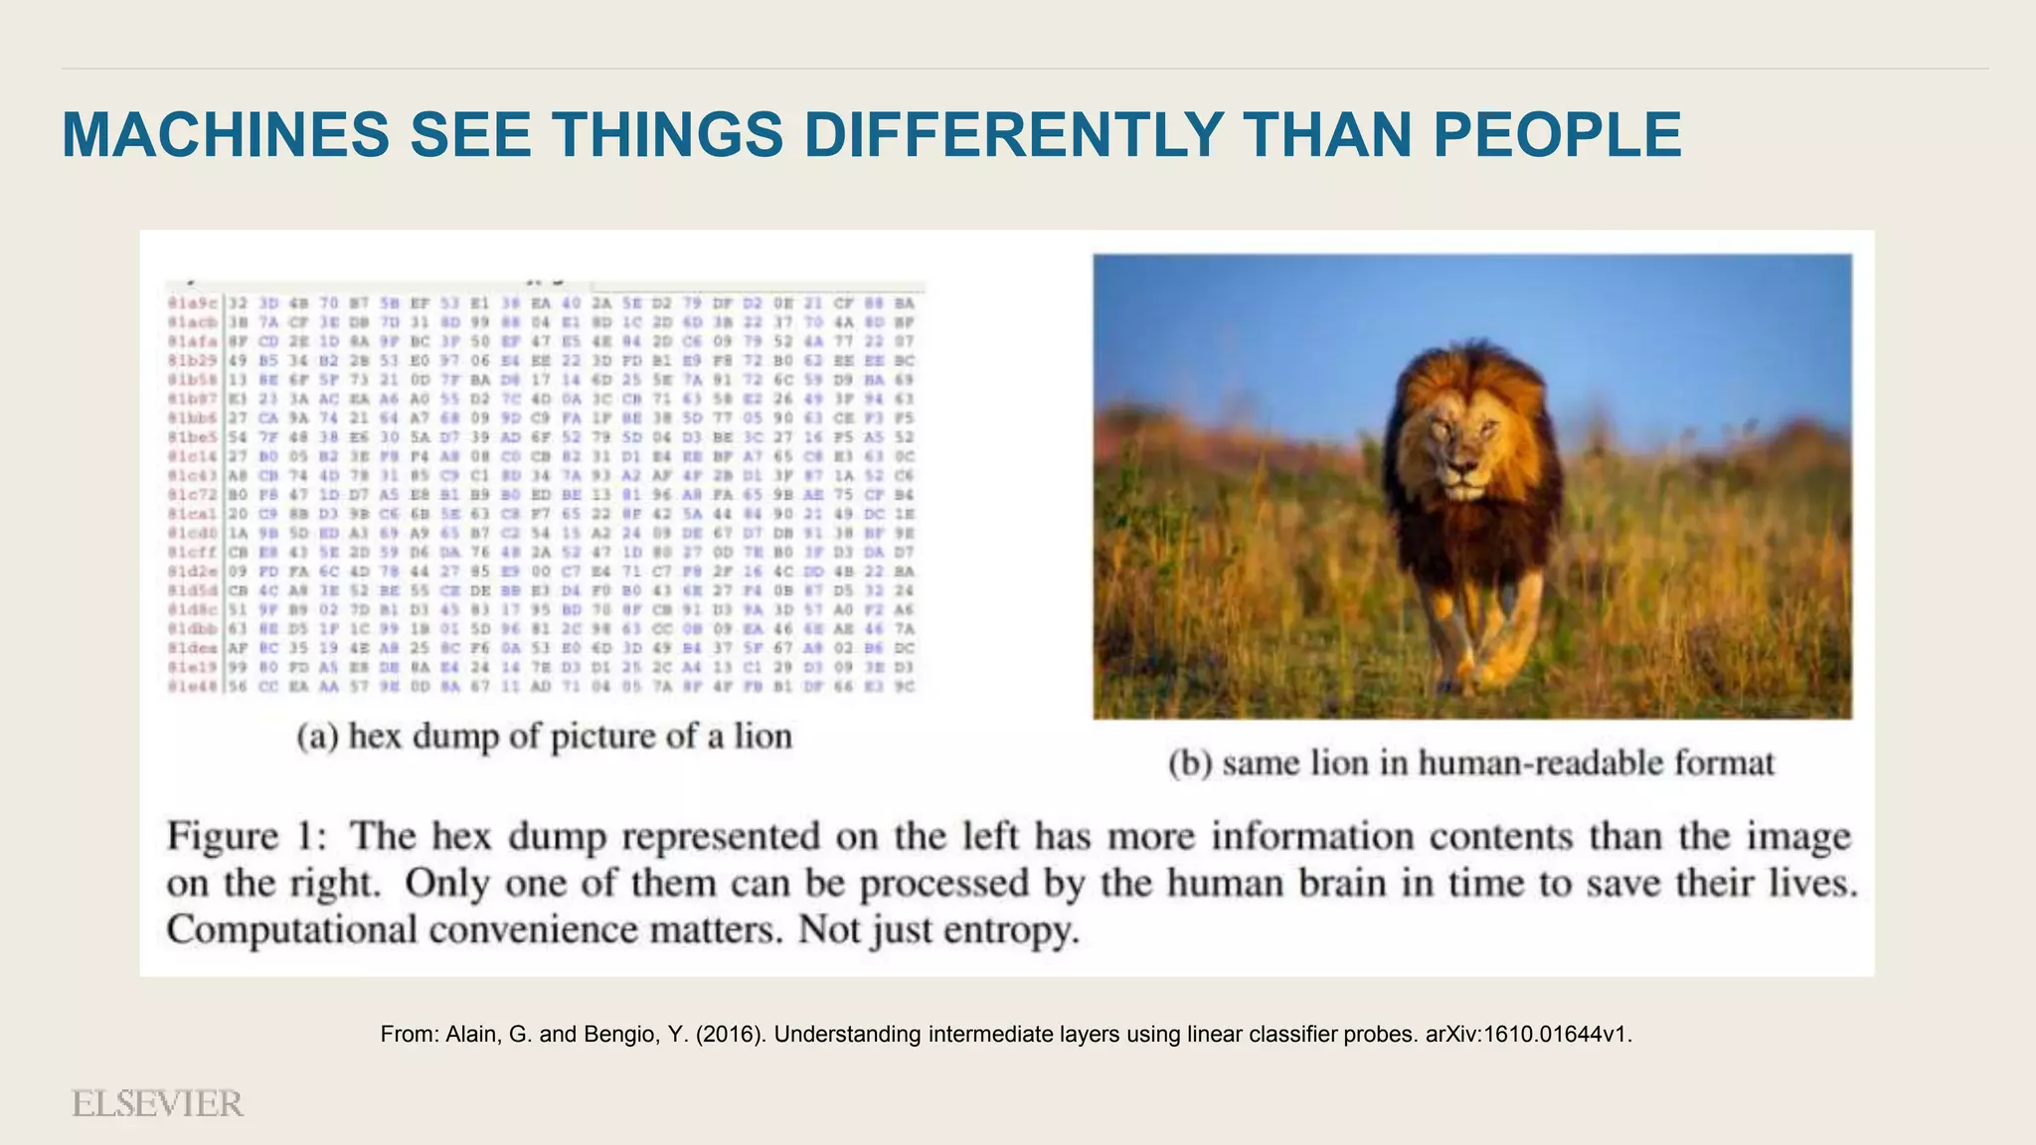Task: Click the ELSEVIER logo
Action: click(x=157, y=1103)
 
